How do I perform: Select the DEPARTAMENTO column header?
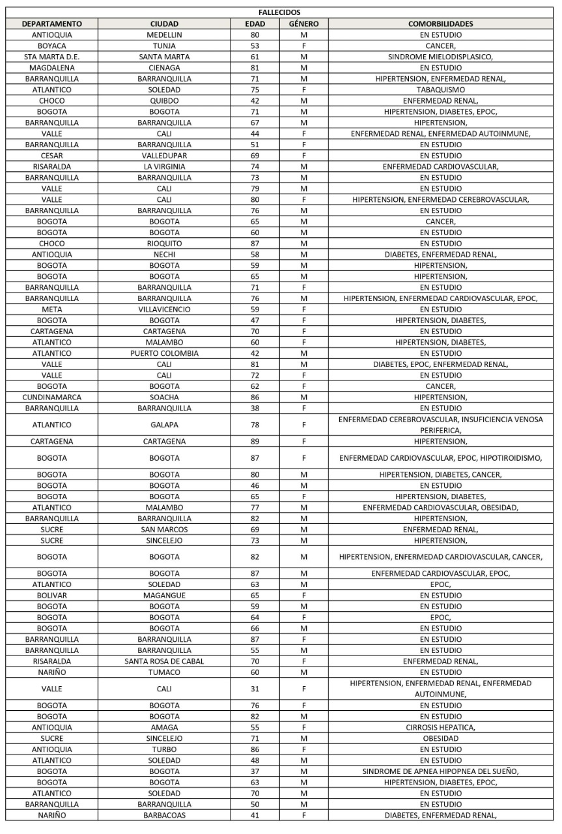coord(51,23)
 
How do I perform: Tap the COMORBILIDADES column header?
coord(440,23)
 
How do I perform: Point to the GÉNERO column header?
coord(303,23)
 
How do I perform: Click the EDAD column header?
coord(255,23)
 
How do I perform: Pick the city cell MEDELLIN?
coord(164,35)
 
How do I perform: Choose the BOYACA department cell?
coord(51,46)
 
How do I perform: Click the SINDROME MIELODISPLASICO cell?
coord(440,57)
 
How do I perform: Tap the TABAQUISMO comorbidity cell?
coord(440,89)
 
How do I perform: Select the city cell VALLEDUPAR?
coord(164,155)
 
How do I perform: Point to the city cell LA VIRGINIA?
coord(164,166)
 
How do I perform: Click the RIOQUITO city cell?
coord(164,243)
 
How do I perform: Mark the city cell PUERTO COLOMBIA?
coord(164,353)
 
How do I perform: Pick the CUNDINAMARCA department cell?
coord(51,397)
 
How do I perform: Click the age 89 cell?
coord(255,441)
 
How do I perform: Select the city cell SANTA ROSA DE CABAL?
coord(164,661)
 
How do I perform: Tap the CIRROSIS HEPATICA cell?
coord(440,727)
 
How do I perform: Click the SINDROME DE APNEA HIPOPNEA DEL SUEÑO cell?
coord(440,771)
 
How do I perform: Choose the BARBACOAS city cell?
coord(164,815)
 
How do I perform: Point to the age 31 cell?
coord(255,688)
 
